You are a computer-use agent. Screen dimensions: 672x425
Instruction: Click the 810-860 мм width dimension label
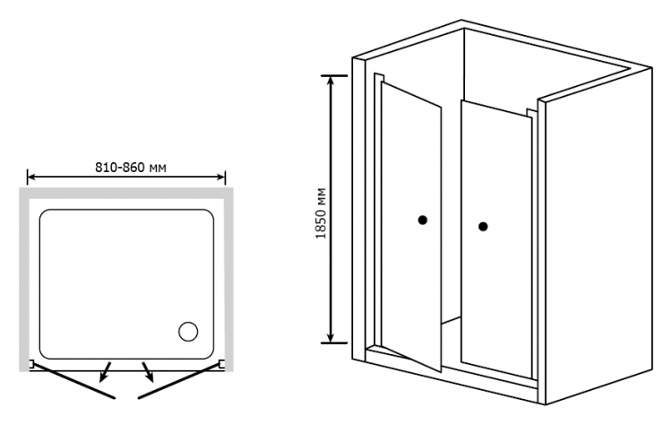point(131,168)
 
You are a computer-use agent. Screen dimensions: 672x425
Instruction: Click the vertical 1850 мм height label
point(322,213)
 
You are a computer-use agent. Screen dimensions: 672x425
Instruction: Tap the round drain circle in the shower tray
point(188,332)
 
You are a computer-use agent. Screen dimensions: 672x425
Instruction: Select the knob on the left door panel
point(423,220)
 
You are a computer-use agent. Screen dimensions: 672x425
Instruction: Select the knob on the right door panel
point(483,227)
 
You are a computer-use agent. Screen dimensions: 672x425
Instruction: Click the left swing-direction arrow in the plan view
point(105,372)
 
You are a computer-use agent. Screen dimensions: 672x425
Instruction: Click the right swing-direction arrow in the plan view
point(148,372)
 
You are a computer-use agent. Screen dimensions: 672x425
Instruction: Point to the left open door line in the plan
point(73,381)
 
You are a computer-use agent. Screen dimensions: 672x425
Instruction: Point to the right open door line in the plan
point(178,381)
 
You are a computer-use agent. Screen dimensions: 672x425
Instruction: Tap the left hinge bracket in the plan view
point(30,365)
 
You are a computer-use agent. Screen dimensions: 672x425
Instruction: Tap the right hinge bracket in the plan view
point(222,365)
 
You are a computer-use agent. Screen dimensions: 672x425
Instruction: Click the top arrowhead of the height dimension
point(331,81)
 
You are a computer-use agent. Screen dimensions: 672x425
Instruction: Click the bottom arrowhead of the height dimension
point(331,337)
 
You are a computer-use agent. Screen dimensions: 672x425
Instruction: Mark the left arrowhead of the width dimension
point(30,177)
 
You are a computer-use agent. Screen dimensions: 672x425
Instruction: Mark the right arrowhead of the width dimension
point(221,177)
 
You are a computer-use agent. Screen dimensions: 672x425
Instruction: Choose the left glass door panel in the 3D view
point(410,225)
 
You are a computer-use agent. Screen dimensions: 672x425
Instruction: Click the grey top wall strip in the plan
point(126,193)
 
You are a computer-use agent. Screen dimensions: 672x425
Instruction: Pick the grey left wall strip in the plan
point(24,279)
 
